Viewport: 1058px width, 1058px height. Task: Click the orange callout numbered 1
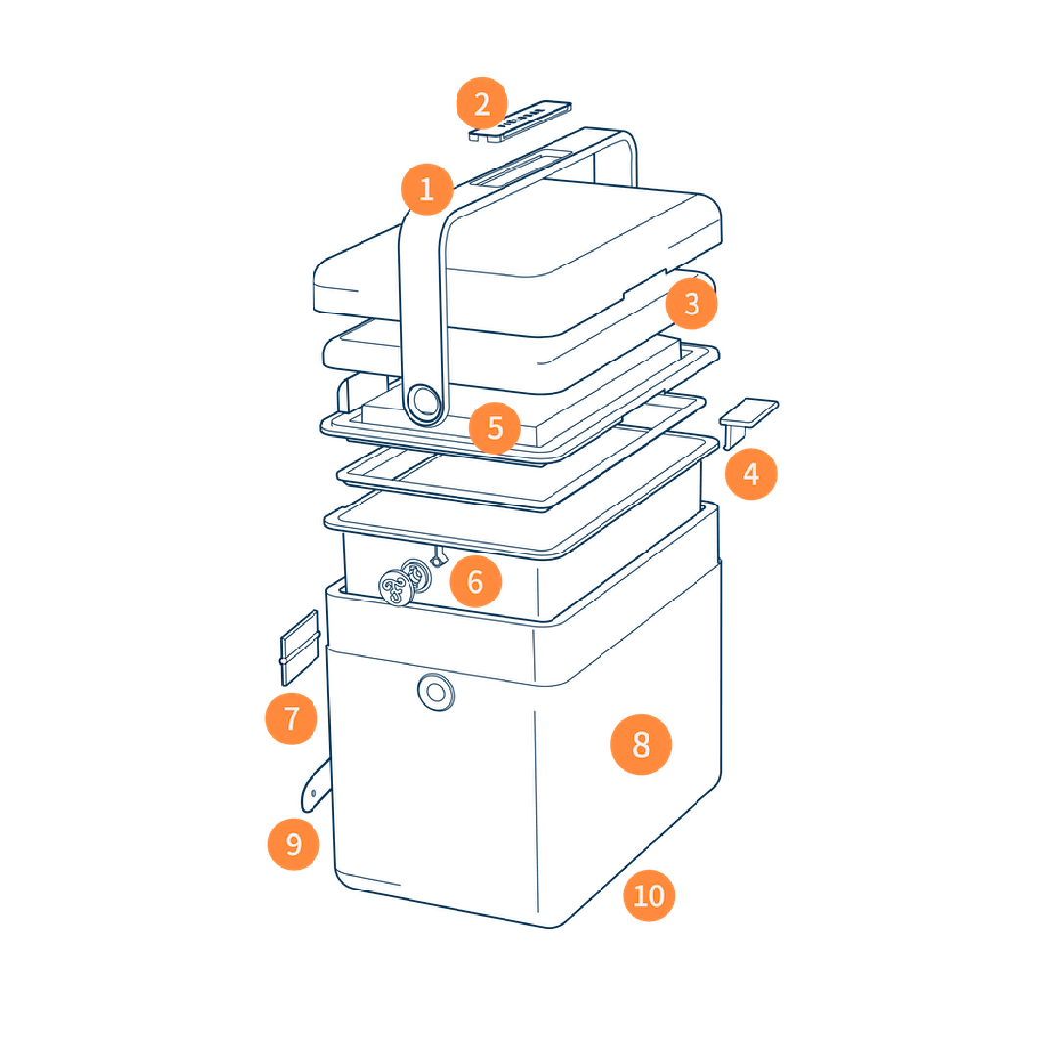click(426, 189)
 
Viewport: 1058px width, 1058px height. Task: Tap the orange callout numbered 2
click(482, 103)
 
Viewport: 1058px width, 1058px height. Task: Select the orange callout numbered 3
click(692, 304)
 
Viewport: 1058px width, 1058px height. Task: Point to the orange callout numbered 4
click(751, 474)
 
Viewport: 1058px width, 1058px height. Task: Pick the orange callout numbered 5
click(496, 427)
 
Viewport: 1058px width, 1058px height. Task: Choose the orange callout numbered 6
click(475, 581)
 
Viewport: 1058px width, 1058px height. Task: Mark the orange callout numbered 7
click(292, 718)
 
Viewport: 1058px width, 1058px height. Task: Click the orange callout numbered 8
click(641, 745)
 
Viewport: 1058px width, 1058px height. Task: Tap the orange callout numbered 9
click(294, 843)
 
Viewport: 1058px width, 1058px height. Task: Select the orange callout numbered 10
click(649, 895)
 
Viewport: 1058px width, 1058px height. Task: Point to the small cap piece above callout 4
click(748, 421)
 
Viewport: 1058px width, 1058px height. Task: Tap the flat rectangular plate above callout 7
click(300, 648)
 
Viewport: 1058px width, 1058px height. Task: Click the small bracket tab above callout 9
click(315, 786)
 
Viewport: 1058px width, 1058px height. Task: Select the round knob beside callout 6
click(397, 586)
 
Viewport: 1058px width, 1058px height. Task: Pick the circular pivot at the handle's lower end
click(424, 403)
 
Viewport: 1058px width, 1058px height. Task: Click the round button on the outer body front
click(436, 693)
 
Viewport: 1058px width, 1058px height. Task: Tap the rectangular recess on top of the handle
click(521, 168)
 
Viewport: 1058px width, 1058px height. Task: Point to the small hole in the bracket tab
click(313, 793)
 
